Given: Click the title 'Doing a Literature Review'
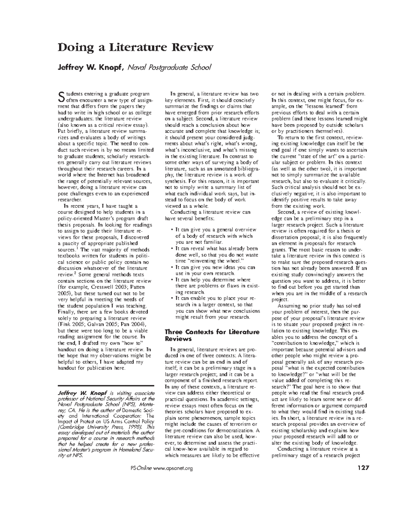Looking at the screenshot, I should [x=136, y=47].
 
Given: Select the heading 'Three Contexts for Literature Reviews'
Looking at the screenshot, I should [x=212, y=335].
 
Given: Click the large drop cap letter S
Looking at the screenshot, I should [x=61, y=97].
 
